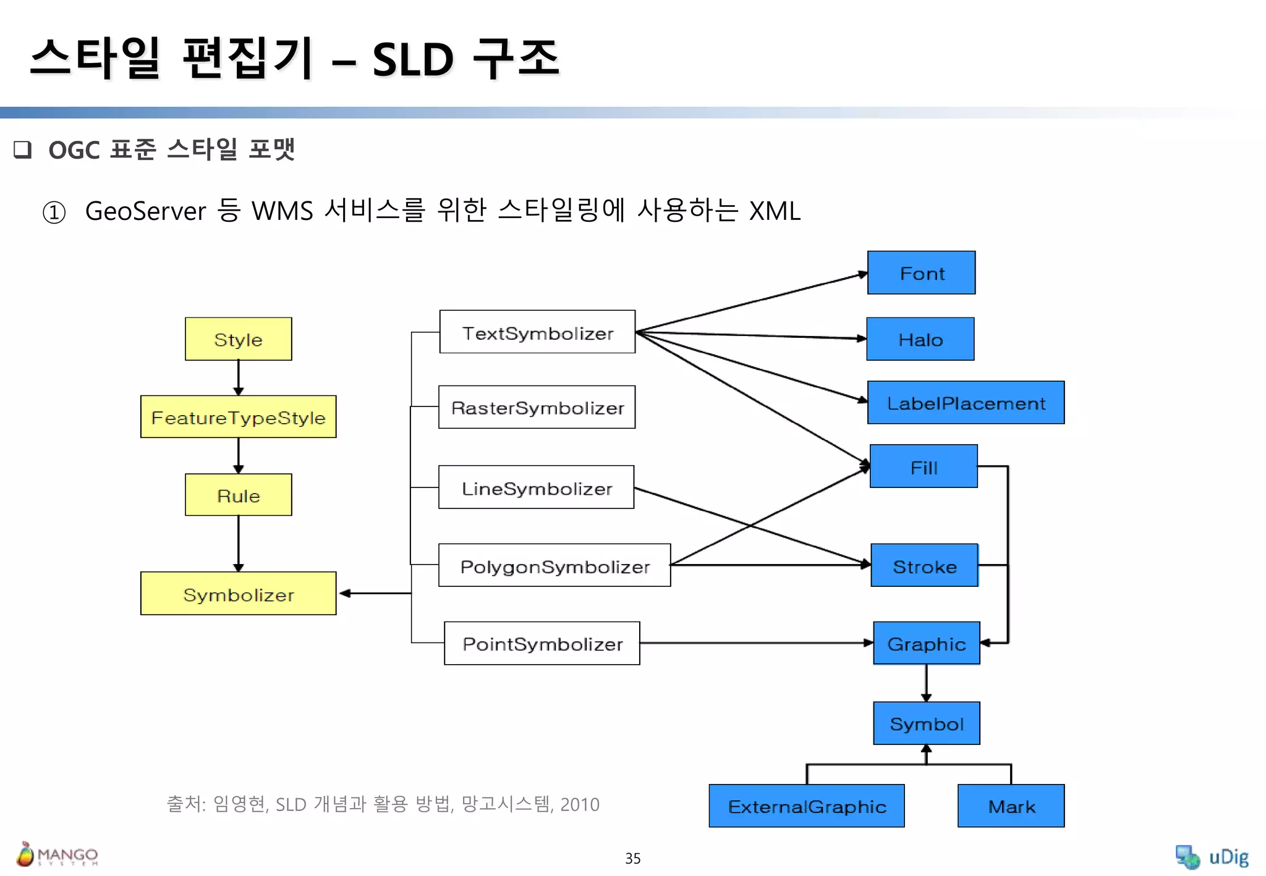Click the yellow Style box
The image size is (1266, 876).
pyautogui.click(x=238, y=339)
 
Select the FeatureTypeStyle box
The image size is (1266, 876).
pyautogui.click(x=238, y=417)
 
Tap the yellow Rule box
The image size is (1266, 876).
pyautogui.click(x=238, y=495)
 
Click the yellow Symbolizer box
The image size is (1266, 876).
pyautogui.click(x=238, y=594)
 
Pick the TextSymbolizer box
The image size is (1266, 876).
pyautogui.click(x=537, y=332)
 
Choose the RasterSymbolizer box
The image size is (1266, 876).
pyautogui.click(x=537, y=407)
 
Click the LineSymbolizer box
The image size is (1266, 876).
pyautogui.click(x=536, y=487)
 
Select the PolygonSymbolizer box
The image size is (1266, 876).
pyautogui.click(x=554, y=565)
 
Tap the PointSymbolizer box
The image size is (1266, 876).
pyautogui.click(x=542, y=643)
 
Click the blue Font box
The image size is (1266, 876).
pyautogui.click(x=921, y=273)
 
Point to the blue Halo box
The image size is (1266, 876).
pyautogui.click(x=920, y=339)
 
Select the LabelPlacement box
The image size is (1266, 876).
pyautogui.click(x=966, y=403)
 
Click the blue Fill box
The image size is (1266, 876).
pyautogui.click(x=924, y=466)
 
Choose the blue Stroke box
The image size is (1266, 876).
pyautogui.click(x=924, y=565)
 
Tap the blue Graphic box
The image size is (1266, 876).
pyautogui.click(x=926, y=643)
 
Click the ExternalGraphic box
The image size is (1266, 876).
pyautogui.click(x=806, y=806)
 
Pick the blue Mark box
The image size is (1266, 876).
pyautogui.click(x=1011, y=806)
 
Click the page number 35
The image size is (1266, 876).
pyautogui.click(x=632, y=858)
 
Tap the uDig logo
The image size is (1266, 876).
pyautogui.click(x=1212, y=857)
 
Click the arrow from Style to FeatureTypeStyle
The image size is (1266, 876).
pyautogui.click(x=239, y=377)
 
